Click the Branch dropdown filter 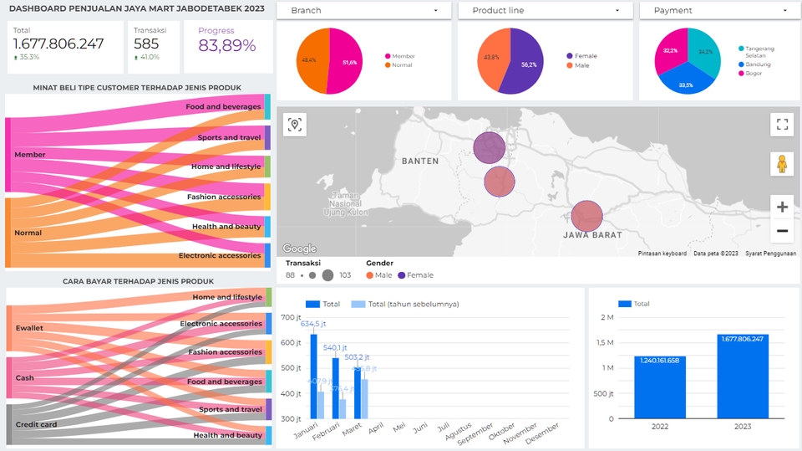363,11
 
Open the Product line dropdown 546,11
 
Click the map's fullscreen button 782,126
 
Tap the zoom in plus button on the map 782,207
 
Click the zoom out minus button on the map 782,231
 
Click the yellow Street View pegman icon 782,164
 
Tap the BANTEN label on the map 419,161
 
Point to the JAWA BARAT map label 592,235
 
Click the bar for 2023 742,377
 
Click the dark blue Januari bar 313,377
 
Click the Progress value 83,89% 227,46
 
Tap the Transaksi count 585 146,44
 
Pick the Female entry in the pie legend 586,56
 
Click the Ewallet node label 29,328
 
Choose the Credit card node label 37,424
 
